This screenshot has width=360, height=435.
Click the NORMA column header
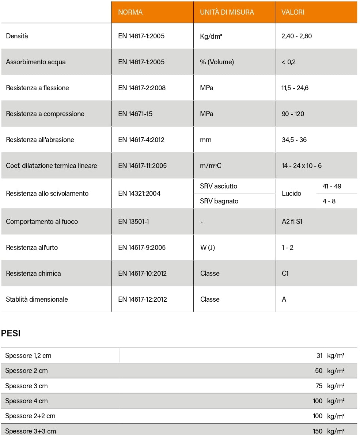coord(130,12)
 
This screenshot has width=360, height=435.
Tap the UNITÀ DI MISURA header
coord(227,12)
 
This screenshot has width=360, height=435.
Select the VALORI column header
coord(292,12)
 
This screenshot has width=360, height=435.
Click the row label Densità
coord(17,36)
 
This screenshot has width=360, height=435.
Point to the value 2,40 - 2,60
coord(296,36)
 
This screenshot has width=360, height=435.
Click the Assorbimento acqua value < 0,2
coord(288,62)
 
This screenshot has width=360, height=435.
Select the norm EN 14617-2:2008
coord(142,88)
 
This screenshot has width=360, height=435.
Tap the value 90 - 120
coord(293,114)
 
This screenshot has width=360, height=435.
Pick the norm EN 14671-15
coord(135,114)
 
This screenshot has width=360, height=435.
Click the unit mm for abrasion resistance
coord(205,140)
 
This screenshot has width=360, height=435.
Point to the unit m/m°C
coord(211,166)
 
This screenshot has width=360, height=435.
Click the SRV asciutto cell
coord(218,186)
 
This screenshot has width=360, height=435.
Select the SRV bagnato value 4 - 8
coord(329,201)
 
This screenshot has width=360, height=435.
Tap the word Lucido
coord(291,194)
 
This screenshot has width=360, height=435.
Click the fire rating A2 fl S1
coord(292,222)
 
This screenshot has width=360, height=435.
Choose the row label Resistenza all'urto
coord(32,248)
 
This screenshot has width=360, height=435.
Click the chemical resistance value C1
coord(285,274)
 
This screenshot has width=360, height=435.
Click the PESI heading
coord(11,333)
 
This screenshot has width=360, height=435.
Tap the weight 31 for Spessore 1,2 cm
coord(319,356)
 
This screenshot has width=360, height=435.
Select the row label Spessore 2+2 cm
coord(30,416)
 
